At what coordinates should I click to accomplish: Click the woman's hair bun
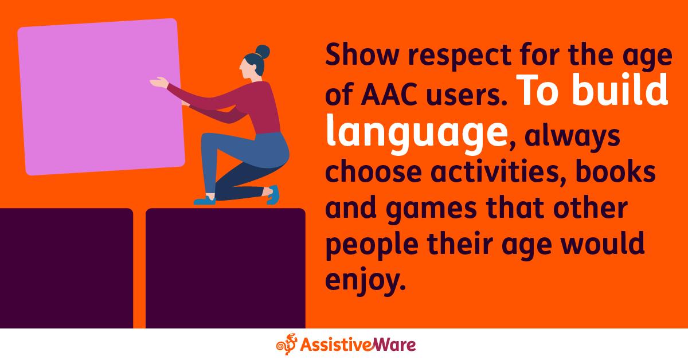(263, 52)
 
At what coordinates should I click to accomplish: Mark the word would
(607, 245)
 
